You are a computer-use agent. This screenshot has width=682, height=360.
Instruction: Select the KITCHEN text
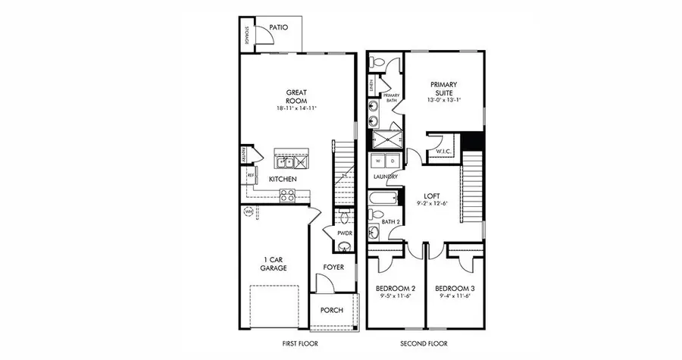(x=283, y=179)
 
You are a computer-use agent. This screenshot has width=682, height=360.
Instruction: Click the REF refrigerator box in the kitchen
(x=250, y=176)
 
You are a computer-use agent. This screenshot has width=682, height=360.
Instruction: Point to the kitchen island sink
(x=286, y=161)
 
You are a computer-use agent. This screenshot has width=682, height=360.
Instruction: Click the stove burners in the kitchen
(x=287, y=194)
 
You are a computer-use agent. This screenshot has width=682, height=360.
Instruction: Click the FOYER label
(x=333, y=268)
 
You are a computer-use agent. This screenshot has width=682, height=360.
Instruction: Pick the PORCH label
(x=331, y=310)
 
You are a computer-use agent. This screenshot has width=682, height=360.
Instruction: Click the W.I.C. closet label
(x=443, y=151)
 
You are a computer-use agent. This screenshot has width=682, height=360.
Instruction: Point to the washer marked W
(x=378, y=161)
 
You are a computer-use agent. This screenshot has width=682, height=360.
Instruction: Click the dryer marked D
(x=393, y=161)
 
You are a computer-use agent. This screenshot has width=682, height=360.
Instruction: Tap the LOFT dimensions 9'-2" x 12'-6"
(x=433, y=203)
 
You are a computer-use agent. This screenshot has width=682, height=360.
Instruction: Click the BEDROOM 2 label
(x=395, y=289)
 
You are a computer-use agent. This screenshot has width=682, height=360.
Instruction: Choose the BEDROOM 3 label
(x=453, y=289)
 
